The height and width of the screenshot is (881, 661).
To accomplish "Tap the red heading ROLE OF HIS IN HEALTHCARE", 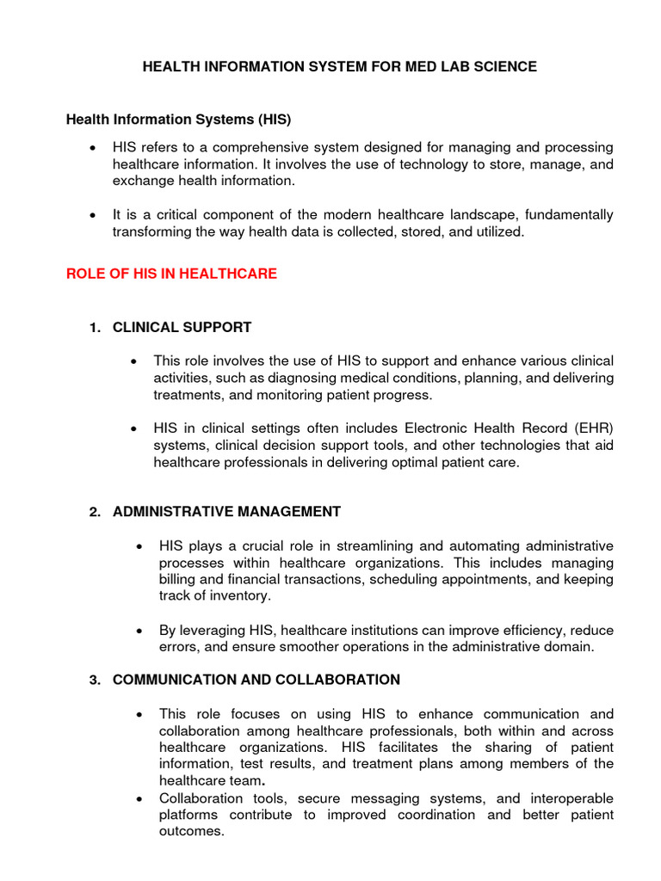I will click(171, 274).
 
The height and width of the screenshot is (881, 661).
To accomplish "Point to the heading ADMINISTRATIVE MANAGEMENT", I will click(226, 512).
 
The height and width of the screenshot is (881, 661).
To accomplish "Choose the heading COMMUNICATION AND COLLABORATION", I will click(256, 680).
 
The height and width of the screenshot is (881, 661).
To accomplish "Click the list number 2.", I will click(95, 512).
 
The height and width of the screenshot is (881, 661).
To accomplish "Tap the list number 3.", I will click(95, 680).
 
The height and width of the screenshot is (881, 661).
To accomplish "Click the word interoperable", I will click(570, 798).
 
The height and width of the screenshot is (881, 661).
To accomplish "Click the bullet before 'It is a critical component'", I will click(92, 215).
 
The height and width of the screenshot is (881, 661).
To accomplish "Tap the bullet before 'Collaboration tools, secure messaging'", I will click(139, 798).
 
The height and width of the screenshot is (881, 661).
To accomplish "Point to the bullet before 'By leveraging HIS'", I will click(139, 631).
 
